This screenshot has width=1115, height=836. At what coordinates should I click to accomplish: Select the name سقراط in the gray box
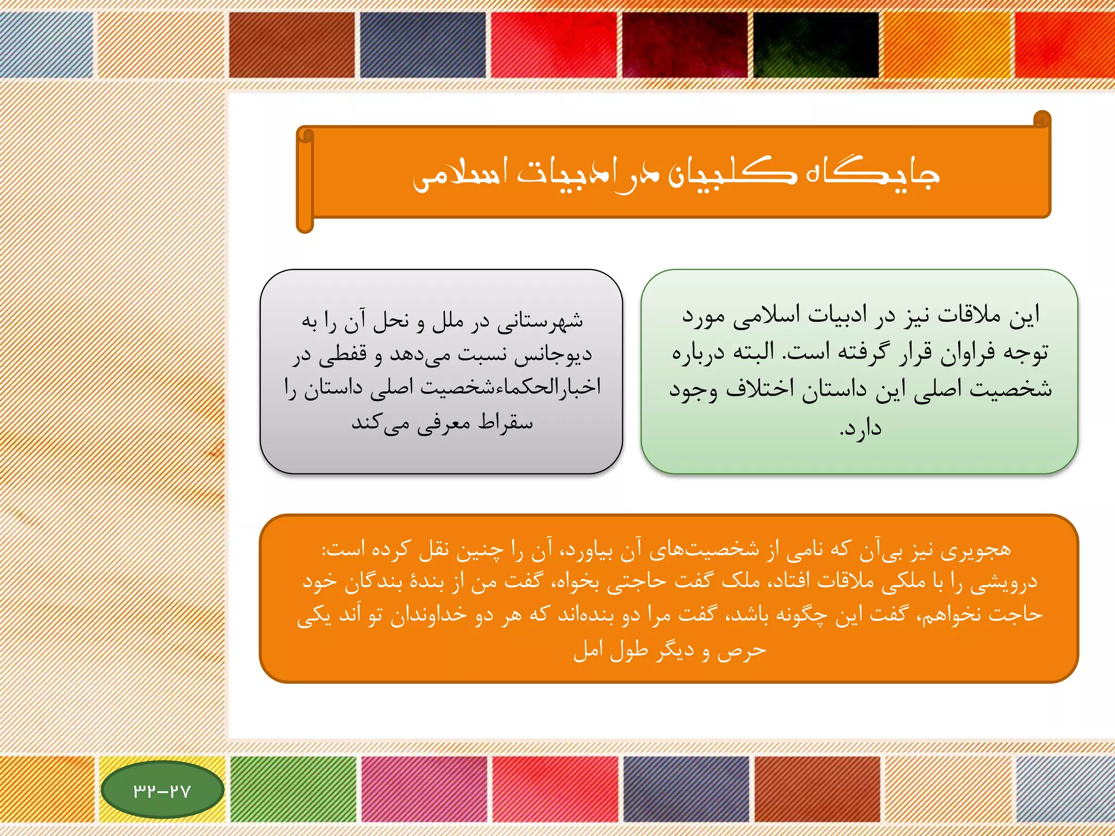click(x=505, y=423)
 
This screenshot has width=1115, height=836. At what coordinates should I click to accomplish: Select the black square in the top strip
click(x=816, y=45)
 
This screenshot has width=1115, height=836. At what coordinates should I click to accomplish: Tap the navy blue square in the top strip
click(x=422, y=45)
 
